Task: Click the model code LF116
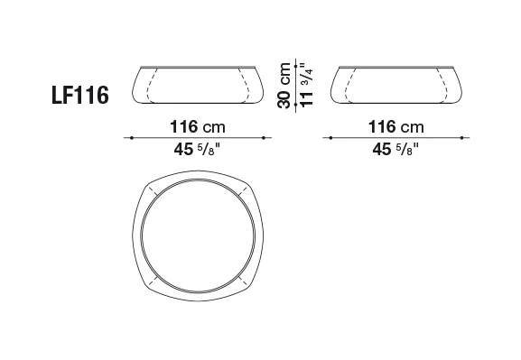(x=80, y=95)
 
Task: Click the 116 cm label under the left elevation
(x=198, y=127)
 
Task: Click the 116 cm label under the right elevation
(x=396, y=127)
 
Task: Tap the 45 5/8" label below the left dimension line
(x=197, y=149)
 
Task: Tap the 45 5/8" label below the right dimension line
(x=395, y=149)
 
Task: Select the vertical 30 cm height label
(x=284, y=86)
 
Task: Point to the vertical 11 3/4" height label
(x=307, y=85)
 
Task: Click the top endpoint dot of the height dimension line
(x=296, y=67)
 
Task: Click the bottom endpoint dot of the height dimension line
(x=296, y=105)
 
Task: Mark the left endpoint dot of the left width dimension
(x=132, y=137)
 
